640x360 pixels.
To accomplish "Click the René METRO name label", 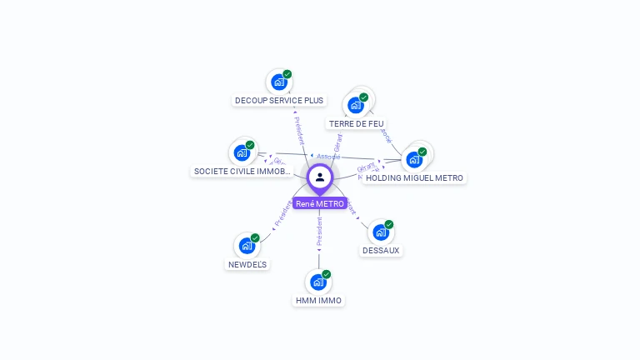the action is (319, 203).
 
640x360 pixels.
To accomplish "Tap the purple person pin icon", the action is (319, 177).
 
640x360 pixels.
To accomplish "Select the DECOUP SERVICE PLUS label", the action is (278, 101).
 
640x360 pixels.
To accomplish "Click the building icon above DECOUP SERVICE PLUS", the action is (278, 82).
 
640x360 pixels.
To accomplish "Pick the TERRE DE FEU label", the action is (356, 124).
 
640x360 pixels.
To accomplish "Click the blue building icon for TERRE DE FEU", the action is (356, 105).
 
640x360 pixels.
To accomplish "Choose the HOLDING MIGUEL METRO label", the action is (414, 177).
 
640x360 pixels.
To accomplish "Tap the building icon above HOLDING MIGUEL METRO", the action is (414, 159).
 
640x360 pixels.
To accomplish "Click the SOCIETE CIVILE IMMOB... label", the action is (242, 172).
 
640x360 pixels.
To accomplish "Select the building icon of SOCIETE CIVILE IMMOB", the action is (242, 152).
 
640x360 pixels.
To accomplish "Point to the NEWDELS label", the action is (247, 264).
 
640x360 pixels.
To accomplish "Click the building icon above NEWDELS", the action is (247, 245).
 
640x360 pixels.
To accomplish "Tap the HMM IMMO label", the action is (318, 300).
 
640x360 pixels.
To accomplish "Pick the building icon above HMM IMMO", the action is (318, 282).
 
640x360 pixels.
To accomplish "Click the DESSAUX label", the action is (381, 250).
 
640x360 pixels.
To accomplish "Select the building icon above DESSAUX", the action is (381, 232).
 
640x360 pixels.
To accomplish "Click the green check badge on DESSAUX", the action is (388, 224).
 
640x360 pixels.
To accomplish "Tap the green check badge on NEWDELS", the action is (255, 237).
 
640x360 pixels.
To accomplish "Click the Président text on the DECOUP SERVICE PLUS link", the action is (299, 129).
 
